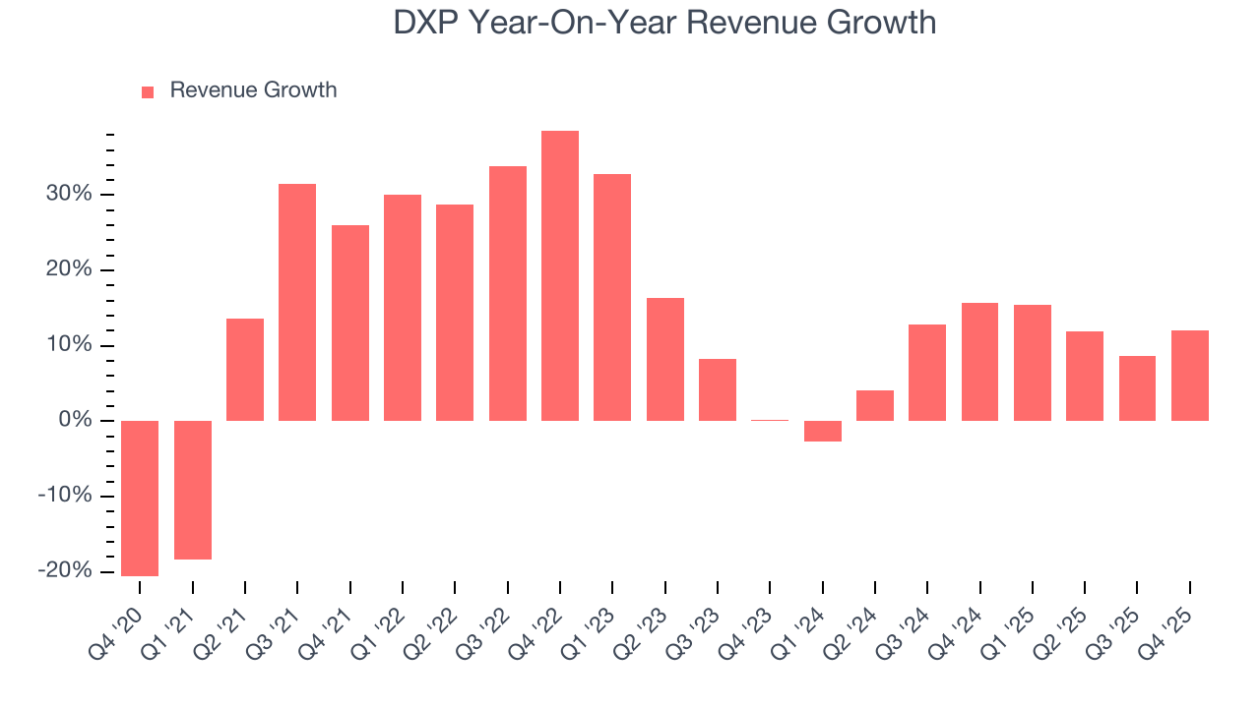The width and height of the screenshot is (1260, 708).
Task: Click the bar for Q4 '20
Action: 140,499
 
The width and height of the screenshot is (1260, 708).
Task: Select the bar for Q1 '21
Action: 193,490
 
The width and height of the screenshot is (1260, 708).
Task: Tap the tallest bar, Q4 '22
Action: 560,275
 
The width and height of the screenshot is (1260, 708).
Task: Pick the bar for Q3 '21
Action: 297,302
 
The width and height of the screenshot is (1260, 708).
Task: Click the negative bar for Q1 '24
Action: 823,431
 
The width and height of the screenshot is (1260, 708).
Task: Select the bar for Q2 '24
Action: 875,405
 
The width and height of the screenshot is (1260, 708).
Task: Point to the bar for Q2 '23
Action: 665,359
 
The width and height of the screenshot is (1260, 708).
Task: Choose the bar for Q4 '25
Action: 1190,376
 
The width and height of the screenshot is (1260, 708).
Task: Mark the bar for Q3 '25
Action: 1137,388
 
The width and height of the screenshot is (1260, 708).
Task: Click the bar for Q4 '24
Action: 979,362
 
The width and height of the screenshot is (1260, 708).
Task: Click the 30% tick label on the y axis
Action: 68,195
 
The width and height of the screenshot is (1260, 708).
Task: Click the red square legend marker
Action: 148,92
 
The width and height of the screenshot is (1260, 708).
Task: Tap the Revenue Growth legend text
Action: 253,90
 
